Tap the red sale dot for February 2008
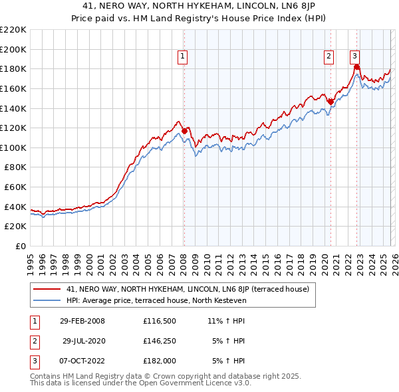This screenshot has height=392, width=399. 184,130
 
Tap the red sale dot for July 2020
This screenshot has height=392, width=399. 331,101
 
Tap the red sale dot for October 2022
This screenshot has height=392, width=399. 356,66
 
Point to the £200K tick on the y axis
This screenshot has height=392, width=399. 13,49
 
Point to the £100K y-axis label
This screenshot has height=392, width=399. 13,147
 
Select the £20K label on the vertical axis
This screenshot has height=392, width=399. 15,227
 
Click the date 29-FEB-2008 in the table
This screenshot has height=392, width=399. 82,321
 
